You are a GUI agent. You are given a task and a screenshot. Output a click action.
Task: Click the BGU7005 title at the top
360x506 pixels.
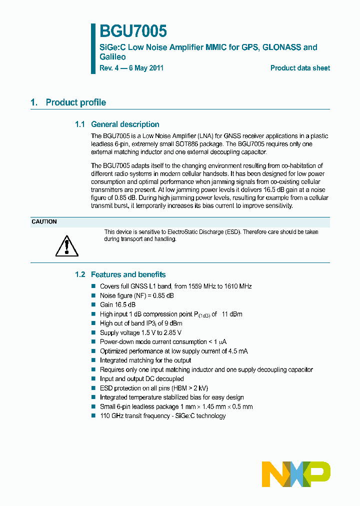133,31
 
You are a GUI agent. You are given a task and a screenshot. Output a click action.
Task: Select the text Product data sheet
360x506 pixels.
300,68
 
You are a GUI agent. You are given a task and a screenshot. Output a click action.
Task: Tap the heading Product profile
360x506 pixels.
75,102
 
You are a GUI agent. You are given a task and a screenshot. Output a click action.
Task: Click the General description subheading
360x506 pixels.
125,124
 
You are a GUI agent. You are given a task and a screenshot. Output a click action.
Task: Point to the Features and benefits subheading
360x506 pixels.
128,274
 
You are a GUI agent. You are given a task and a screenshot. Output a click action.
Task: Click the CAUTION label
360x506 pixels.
44,221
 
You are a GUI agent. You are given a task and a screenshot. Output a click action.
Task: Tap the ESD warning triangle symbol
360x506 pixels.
66,245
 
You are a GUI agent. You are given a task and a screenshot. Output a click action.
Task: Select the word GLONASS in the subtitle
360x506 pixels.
279,47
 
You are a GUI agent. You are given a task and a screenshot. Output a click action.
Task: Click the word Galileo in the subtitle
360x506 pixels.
112,57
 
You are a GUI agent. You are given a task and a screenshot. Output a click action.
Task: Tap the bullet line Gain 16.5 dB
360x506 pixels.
117,305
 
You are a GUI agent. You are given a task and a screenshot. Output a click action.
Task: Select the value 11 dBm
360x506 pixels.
232,314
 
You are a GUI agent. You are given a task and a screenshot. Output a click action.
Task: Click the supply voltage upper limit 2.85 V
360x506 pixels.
172,333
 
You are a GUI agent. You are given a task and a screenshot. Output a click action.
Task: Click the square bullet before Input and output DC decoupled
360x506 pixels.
93,379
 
